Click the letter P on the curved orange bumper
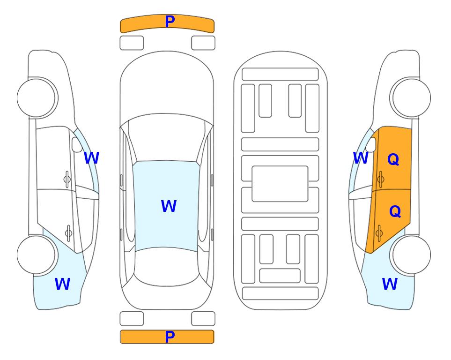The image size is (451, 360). (170, 21)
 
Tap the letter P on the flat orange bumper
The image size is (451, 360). (170, 337)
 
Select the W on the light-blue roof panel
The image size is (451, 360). (169, 206)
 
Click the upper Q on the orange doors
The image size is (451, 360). (393, 159)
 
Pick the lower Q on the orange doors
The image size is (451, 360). (395, 211)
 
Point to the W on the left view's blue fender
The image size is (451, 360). (62, 284)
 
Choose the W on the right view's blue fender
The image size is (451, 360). (390, 284)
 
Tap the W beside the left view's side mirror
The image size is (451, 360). (91, 158)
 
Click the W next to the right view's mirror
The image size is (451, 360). (361, 158)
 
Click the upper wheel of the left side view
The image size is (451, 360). (37, 97)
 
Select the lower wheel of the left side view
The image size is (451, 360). (37, 255)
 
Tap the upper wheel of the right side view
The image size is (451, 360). (411, 97)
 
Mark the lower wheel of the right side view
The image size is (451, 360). (411, 255)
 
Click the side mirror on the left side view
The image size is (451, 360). (77, 144)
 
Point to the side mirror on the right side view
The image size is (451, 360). (371, 144)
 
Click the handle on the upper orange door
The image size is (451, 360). (381, 179)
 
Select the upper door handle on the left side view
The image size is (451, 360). (67, 179)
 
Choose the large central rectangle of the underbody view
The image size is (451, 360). (280, 184)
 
